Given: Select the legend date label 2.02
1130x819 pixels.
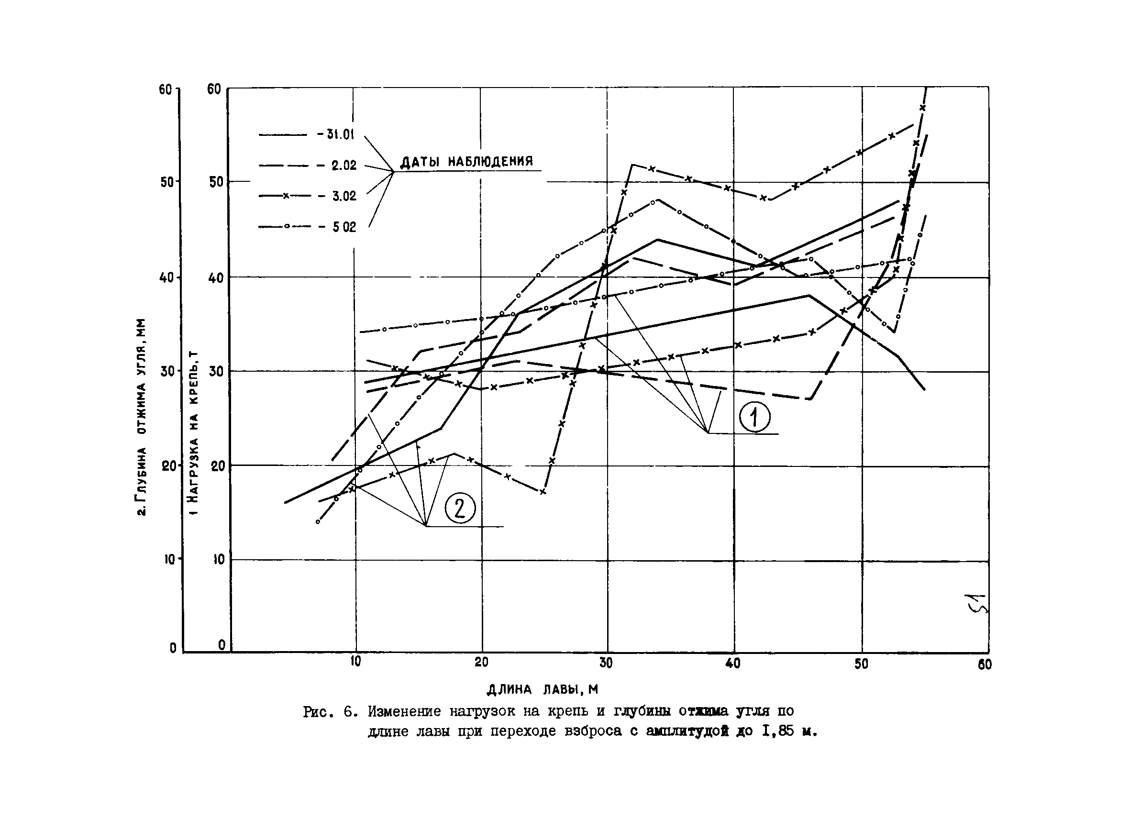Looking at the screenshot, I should [344, 166].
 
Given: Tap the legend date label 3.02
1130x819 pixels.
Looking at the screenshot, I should [344, 196].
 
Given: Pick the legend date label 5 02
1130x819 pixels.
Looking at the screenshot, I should [344, 227].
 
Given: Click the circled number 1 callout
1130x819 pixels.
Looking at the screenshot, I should [754, 418].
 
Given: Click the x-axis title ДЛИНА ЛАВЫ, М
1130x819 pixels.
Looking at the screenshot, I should [542, 689].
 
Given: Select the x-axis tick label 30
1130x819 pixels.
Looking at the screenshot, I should [606, 663].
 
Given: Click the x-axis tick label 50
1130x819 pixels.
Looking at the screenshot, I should [861, 664].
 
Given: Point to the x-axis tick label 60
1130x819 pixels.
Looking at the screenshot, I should [985, 664].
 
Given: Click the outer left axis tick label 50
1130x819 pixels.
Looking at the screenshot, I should [166, 181].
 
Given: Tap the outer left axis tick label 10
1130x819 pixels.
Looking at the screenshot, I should [170, 559].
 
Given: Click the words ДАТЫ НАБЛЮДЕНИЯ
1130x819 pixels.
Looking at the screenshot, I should [467, 161].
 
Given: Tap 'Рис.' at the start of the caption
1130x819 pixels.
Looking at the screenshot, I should [317, 712].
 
